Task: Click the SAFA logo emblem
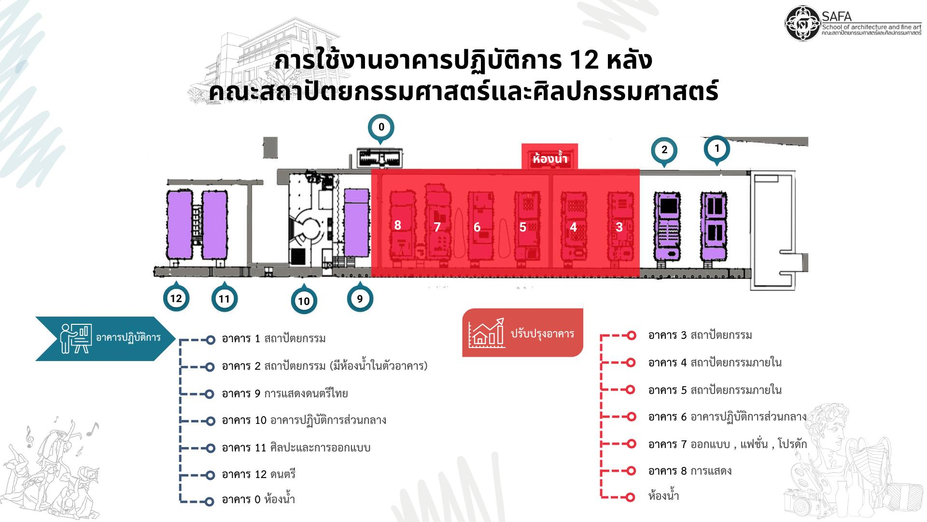(803, 23)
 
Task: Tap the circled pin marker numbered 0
(381, 128)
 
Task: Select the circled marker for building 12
(176, 298)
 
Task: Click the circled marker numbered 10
(304, 301)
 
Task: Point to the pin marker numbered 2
(664, 151)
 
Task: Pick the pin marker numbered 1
(716, 148)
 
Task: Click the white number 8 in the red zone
(397, 225)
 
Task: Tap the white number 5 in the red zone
(522, 227)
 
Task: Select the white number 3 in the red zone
(619, 227)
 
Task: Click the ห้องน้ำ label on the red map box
(550, 159)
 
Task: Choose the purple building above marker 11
(215, 225)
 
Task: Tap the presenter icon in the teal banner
(76, 338)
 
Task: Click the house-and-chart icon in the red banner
(487, 333)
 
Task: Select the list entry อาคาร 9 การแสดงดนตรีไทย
(285, 393)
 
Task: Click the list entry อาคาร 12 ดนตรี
(259, 474)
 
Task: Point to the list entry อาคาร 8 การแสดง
(690, 471)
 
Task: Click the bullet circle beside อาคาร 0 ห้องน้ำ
(210, 502)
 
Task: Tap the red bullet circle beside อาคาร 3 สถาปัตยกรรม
(631, 335)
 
